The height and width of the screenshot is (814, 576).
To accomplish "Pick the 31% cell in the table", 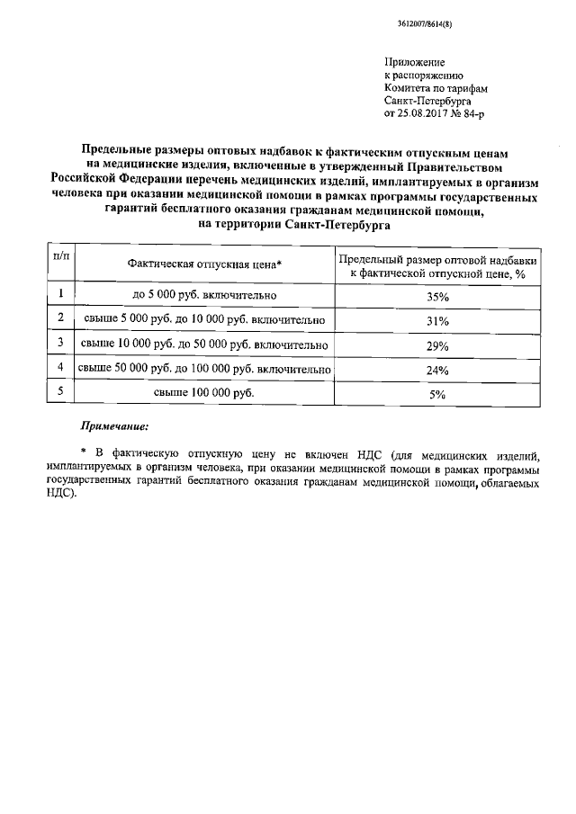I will point(436,320).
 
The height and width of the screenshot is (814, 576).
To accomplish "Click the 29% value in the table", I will point(436,345).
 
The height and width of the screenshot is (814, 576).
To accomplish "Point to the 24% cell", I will point(436,370).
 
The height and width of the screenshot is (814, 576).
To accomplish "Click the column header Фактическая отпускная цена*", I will point(205,264).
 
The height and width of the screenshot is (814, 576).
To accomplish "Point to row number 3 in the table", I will point(60,344).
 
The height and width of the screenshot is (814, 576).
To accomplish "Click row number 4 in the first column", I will point(60,368).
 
